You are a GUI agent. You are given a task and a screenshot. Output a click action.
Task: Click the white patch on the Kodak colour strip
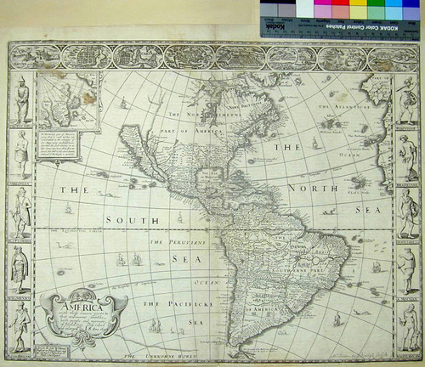click(x=303, y=10)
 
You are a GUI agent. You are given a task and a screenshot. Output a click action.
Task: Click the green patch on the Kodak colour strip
click(x=378, y=10)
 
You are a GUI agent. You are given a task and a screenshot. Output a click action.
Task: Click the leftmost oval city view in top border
click(x=35, y=57)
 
